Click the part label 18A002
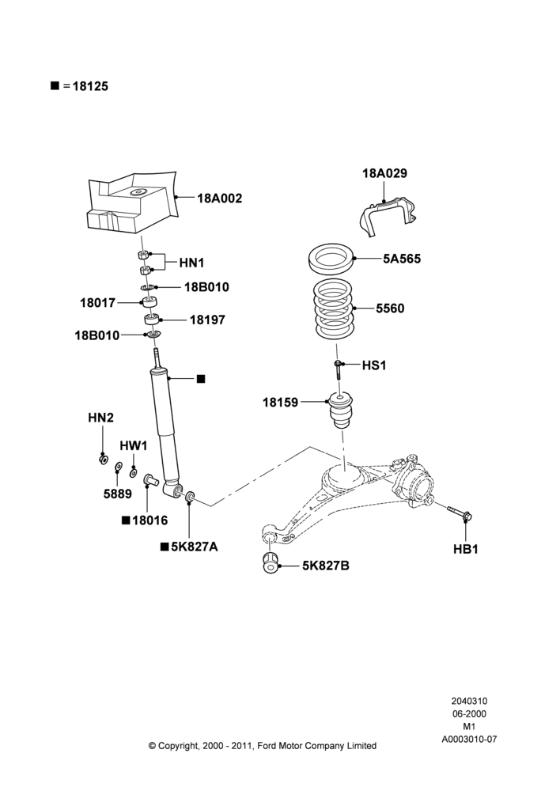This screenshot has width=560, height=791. (x=219, y=199)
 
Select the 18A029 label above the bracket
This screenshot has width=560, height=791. (x=384, y=173)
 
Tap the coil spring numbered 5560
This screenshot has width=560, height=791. (x=334, y=310)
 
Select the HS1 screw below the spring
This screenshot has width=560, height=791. (x=339, y=369)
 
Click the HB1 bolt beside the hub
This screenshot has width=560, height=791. (x=459, y=512)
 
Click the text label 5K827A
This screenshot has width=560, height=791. (x=195, y=547)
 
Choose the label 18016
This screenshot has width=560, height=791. (x=149, y=520)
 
